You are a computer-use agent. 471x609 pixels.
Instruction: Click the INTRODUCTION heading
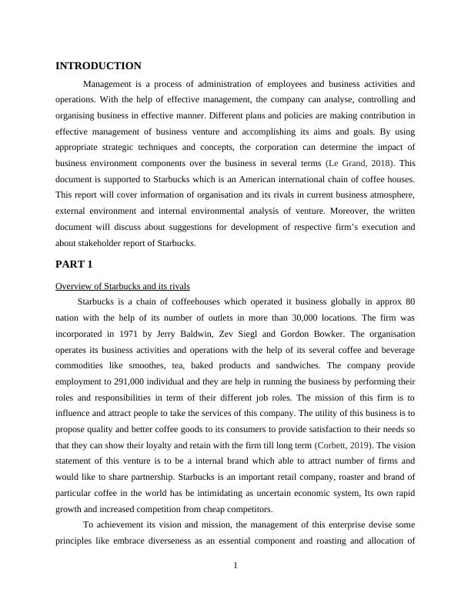click(x=99, y=66)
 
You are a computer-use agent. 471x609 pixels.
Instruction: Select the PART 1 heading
click(x=74, y=265)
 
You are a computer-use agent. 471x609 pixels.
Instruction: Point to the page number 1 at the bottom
click(x=235, y=567)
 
